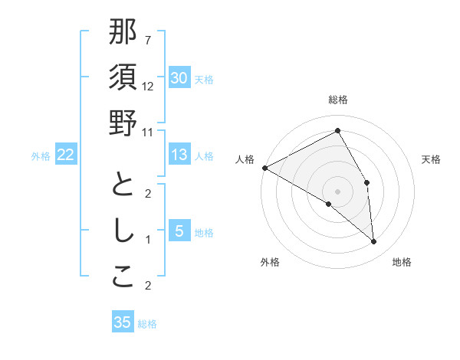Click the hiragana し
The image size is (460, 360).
(x=123, y=231)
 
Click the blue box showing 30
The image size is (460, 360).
(x=179, y=78)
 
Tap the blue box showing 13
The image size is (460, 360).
(x=179, y=155)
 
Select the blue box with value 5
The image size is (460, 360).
(x=179, y=231)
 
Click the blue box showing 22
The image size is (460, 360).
(x=65, y=155)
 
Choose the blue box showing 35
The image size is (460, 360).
(x=123, y=322)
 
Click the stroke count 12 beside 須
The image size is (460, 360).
(x=148, y=87)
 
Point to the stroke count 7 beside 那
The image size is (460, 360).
(x=148, y=40)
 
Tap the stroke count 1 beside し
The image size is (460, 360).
(x=148, y=240)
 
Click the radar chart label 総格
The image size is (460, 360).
(x=337, y=100)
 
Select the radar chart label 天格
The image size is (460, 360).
(x=431, y=159)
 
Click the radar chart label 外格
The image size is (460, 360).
(x=270, y=262)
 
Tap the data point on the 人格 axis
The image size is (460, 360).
(x=264, y=167)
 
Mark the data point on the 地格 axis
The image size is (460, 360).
(x=373, y=241)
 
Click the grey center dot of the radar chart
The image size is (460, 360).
(x=337, y=191)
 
